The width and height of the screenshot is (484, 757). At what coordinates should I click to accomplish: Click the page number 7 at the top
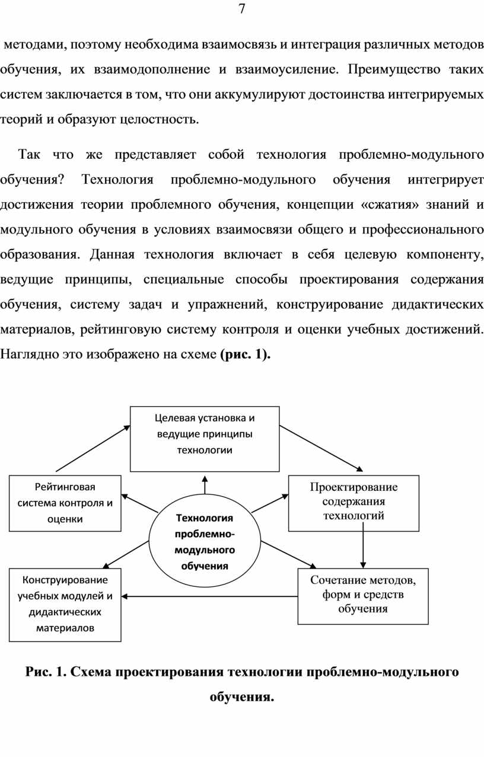tap(242, 9)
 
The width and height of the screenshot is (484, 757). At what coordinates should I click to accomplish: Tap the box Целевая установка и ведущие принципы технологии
tap(205, 439)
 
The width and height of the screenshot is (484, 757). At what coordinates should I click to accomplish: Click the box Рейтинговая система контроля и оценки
tap(65, 503)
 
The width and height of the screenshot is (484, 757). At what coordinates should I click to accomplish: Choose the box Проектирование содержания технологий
tap(354, 503)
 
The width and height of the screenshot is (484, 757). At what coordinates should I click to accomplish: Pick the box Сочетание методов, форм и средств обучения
tap(363, 596)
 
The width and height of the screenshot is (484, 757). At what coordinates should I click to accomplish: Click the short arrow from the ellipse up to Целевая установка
tap(205, 485)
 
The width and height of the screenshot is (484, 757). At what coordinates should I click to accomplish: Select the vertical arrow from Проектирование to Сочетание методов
tap(363, 545)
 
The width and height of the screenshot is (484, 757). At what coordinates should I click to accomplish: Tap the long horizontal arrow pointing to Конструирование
tap(209, 596)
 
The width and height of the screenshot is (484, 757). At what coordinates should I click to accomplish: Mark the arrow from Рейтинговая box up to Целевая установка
tap(93, 448)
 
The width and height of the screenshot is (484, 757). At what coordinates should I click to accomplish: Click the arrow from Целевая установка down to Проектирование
tap(321, 448)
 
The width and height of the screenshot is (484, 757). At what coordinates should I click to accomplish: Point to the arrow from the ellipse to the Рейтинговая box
tap(140, 503)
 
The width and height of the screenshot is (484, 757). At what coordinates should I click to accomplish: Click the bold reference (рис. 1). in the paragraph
tap(245, 354)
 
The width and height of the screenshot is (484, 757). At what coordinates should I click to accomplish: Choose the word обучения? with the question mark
tap(32, 180)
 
